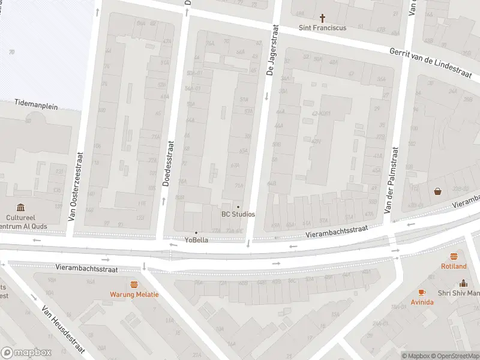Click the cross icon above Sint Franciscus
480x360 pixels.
pyautogui.click(x=323, y=18)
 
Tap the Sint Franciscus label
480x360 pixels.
pyautogui.click(x=323, y=28)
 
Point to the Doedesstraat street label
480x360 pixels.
pyautogui.click(x=169, y=163)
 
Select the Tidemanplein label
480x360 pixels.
pyautogui.click(x=36, y=104)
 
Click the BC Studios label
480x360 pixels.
pyautogui.click(x=238, y=214)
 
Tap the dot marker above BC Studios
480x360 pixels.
pyautogui.click(x=238, y=206)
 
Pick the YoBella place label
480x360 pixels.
pyautogui.click(x=196, y=241)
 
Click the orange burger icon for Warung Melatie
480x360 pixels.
pyautogui.click(x=134, y=284)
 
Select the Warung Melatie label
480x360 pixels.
pyautogui.click(x=134, y=295)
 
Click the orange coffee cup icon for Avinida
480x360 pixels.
pyautogui.click(x=422, y=292)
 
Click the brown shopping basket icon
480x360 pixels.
pyautogui.click(x=438, y=191)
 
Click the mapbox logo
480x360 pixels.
pyautogui.click(x=26, y=352)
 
